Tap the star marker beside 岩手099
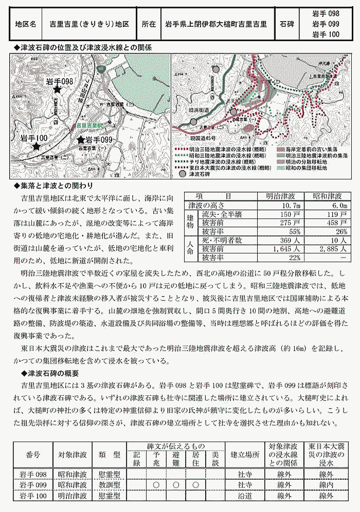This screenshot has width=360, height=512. pos(81,139)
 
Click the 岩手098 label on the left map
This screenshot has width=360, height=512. pos(60,82)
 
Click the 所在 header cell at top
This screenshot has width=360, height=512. pos(148,24)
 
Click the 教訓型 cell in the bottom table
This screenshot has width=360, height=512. pos(110,484)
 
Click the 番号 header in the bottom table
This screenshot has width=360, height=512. pos(32,455)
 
